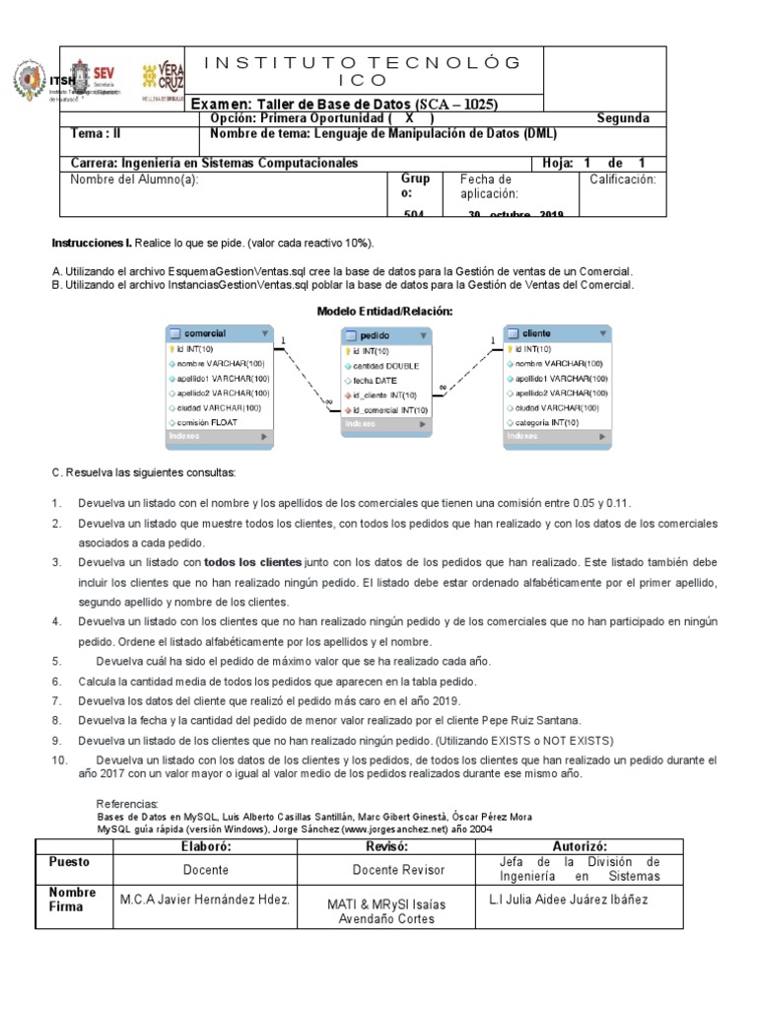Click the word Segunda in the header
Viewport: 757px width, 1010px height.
pyautogui.click(x=623, y=118)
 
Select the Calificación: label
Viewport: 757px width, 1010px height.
pyautogui.click(x=622, y=180)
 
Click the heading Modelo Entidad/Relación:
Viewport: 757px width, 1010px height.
pyautogui.click(x=384, y=311)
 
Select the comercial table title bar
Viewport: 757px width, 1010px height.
pyautogui.click(x=219, y=333)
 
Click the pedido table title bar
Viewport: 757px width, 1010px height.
pyautogui.click(x=386, y=335)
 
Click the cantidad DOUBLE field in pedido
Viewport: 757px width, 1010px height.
pyautogui.click(x=385, y=365)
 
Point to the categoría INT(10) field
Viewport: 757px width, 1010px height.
pyautogui.click(x=546, y=421)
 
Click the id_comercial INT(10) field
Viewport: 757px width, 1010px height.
pyautogui.click(x=389, y=409)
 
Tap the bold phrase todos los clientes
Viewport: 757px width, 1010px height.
pyautogui.click(x=252, y=561)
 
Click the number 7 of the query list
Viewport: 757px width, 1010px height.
pyautogui.click(x=57, y=700)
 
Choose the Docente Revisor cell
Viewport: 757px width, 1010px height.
pyautogui.click(x=398, y=870)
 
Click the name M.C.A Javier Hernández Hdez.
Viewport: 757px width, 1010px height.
pyautogui.click(x=204, y=900)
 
